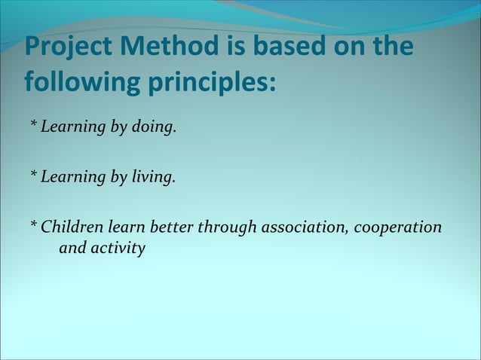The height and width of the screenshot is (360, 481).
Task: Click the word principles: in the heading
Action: pos(210,81)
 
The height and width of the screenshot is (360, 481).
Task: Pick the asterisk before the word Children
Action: pos(33,226)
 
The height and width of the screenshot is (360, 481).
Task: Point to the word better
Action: pos(172,227)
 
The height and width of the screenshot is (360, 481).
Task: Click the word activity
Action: pos(118,249)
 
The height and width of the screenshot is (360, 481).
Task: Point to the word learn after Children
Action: pos(126,227)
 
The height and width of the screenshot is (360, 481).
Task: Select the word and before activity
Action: pos(72,248)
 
